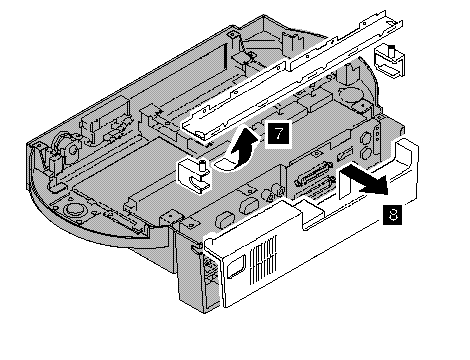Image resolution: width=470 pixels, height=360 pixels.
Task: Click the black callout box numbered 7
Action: point(278,134)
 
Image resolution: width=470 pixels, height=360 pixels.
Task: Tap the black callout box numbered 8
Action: point(393,215)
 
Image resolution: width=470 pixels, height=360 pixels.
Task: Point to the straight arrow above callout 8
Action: point(364,181)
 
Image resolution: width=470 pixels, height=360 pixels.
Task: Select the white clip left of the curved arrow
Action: point(194,177)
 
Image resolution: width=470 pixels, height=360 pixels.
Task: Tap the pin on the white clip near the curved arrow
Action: point(202,165)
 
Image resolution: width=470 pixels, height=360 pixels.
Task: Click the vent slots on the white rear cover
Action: point(263,259)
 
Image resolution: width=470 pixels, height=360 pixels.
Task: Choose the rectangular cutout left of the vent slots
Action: point(236,267)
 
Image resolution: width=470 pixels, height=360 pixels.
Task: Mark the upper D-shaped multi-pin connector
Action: point(314,175)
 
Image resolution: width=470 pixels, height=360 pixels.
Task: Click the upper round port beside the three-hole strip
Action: point(366,137)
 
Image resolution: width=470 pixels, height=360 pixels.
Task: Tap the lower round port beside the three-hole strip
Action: point(366,153)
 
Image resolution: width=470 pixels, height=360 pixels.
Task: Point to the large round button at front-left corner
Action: point(73,209)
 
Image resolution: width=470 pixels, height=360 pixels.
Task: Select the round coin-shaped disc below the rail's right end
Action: point(348,94)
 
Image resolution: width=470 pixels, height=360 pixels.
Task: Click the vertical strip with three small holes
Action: point(377,135)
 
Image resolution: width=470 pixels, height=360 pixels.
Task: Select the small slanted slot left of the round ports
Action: point(345,154)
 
